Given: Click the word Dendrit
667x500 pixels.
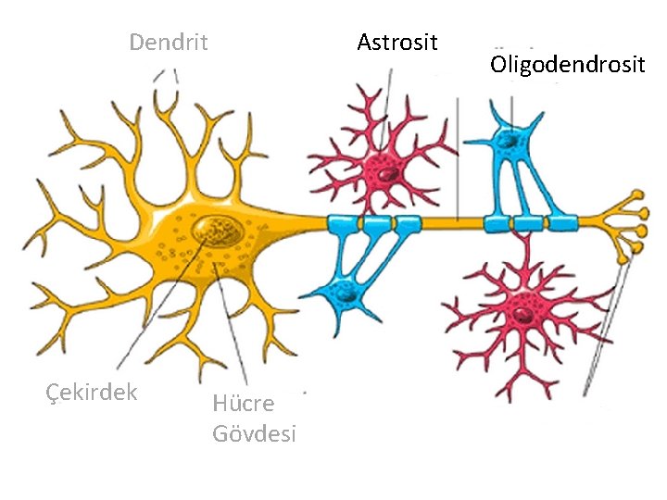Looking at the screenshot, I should pyautogui.click(x=168, y=43).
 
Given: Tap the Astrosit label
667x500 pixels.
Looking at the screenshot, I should pyautogui.click(x=396, y=42).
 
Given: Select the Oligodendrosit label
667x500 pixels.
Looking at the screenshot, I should pyautogui.click(x=567, y=65).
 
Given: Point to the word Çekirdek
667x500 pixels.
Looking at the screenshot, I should pyautogui.click(x=92, y=392).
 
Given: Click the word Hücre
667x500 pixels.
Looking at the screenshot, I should pyautogui.click(x=243, y=403).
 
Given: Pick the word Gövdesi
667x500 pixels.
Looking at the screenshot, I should pyautogui.click(x=254, y=432).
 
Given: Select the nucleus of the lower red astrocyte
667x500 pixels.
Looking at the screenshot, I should pyautogui.click(x=524, y=312).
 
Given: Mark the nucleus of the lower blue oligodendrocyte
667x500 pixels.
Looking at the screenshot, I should pyautogui.click(x=346, y=294).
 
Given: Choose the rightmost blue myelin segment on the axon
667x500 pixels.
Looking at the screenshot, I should pyautogui.click(x=561, y=222).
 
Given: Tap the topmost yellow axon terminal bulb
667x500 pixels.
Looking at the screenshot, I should pyautogui.click(x=637, y=195).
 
